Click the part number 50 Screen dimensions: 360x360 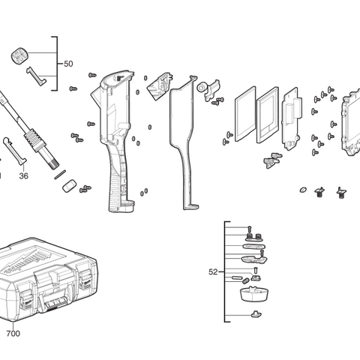click(68, 64)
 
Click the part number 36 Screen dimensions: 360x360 click(23, 176)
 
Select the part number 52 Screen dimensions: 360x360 click(213, 271)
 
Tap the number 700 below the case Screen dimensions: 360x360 click(13, 333)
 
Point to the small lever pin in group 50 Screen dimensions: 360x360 click(37, 76)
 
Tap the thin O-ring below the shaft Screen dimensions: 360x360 click(59, 172)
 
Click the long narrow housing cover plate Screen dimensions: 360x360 click(183, 142)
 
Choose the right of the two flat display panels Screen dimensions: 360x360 click(267, 115)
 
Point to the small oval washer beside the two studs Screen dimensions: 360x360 click(303, 189)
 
